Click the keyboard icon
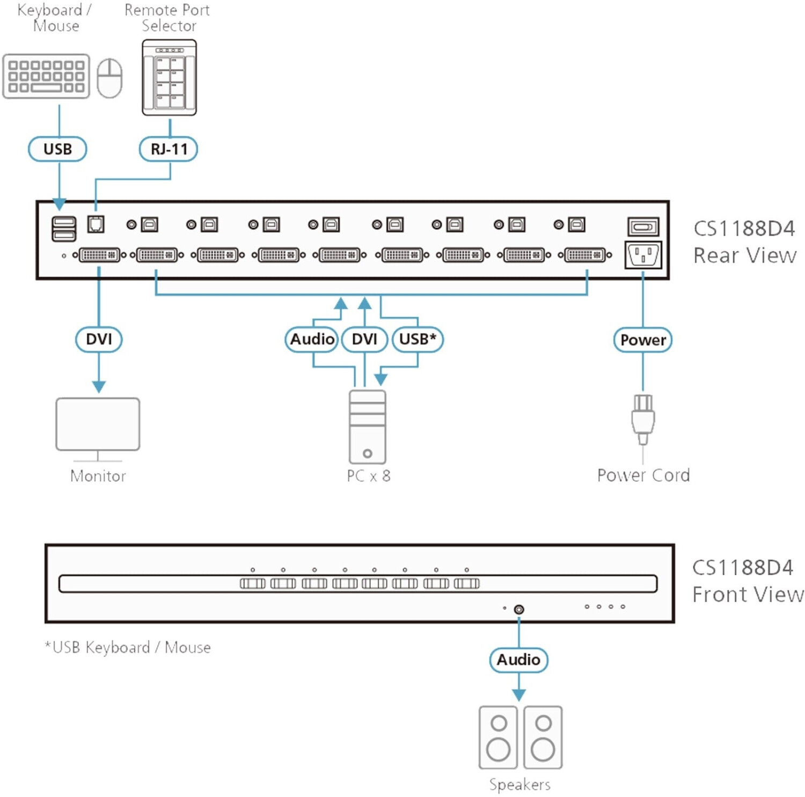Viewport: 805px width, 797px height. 46,76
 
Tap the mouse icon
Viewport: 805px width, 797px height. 109,78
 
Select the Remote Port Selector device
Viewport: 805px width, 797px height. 169,77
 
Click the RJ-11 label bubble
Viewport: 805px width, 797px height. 169,149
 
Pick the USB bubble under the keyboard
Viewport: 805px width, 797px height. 57,149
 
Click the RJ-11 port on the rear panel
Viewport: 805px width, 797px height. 96,224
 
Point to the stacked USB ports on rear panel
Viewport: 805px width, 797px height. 64,229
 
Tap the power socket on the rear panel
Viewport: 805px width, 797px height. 643,254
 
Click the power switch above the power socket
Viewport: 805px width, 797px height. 643,226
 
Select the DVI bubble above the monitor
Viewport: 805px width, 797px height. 99,339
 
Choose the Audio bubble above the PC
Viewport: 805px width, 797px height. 312,339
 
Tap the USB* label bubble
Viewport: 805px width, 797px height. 418,339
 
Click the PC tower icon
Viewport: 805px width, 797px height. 367,427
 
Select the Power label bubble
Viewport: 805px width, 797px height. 642,340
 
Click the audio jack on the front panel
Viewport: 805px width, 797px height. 518,609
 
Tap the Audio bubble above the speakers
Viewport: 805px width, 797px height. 518,660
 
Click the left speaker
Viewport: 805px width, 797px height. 498,737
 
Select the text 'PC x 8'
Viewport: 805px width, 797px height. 369,476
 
